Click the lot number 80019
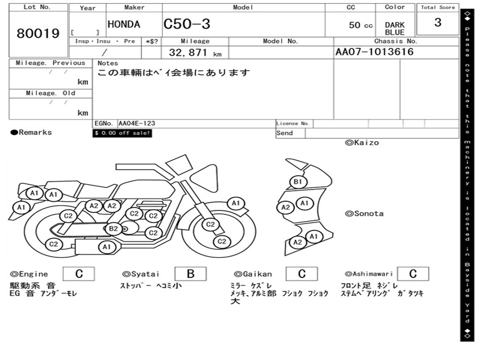[38, 34]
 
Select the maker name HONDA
[124, 24]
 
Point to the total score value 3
[437, 22]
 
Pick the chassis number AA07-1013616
[375, 52]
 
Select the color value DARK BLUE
[395, 29]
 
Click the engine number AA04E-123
[136, 123]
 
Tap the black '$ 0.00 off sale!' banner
[122, 133]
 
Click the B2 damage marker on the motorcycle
[113, 229]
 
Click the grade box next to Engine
[79, 274]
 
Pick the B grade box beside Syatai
[190, 274]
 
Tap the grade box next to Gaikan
[301, 274]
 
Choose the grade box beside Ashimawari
[412, 274]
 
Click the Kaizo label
[362, 142]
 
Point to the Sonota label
[364, 214]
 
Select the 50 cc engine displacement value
[360, 25]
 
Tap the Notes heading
[108, 63]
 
